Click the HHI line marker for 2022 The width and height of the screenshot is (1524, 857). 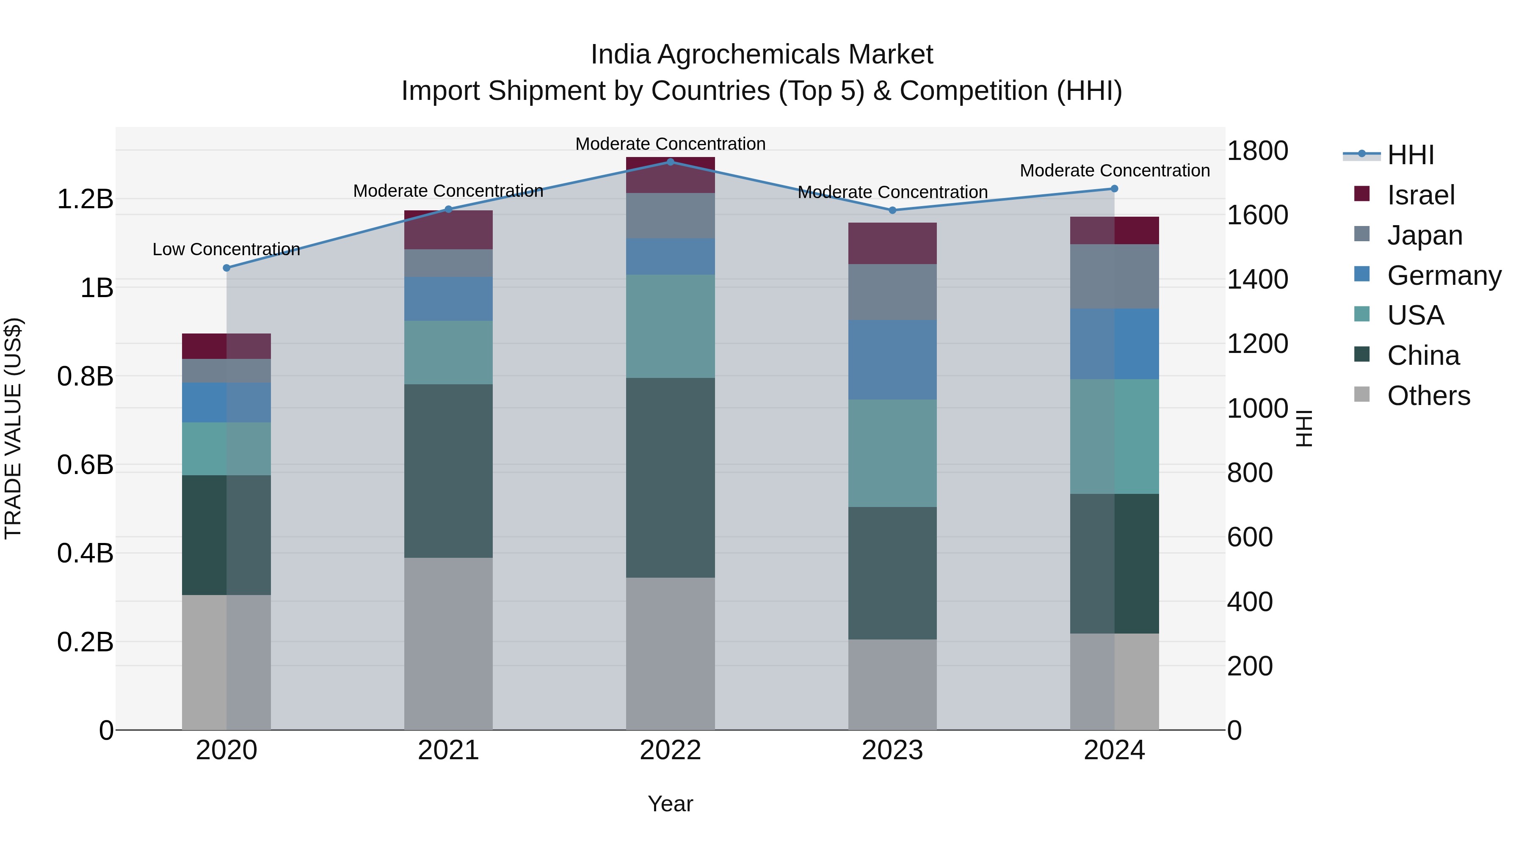click(x=670, y=162)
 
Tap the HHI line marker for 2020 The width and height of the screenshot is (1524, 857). click(x=226, y=268)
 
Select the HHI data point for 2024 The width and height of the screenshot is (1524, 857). click(x=1114, y=189)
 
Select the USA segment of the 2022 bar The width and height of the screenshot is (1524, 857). click(x=670, y=326)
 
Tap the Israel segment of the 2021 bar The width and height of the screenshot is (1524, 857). click(x=448, y=230)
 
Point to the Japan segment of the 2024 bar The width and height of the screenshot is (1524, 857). click(x=1114, y=276)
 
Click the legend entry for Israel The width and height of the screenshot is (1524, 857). click(x=1420, y=195)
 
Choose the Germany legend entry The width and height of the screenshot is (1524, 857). click(x=1444, y=276)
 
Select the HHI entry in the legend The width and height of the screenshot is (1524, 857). click(x=1411, y=155)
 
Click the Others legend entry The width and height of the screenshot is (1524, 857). click(x=1428, y=396)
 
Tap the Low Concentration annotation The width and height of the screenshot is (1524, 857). click(x=226, y=250)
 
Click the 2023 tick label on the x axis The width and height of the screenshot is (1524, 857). click(x=892, y=750)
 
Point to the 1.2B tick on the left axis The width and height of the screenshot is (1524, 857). click(x=85, y=199)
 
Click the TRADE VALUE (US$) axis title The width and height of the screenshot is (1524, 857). click(x=13, y=428)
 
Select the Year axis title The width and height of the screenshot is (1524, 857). click(x=670, y=804)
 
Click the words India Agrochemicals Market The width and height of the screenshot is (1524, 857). click(x=762, y=55)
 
